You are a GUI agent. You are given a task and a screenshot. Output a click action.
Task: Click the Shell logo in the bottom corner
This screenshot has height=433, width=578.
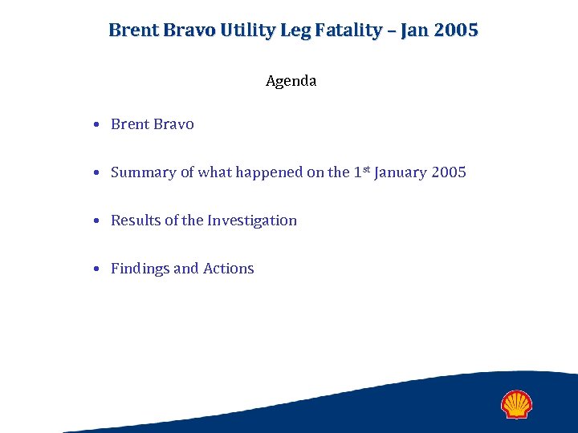click(516, 404)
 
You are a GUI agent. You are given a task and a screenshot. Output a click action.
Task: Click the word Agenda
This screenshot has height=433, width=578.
click(291, 81)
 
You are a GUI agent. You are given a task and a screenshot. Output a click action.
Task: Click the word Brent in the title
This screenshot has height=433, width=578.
click(132, 30)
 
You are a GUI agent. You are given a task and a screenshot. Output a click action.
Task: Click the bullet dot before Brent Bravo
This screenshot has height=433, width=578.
click(96, 125)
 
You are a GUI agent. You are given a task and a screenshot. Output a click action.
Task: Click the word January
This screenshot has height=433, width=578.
click(401, 172)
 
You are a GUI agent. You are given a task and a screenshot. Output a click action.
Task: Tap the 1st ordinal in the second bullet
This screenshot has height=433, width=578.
click(361, 172)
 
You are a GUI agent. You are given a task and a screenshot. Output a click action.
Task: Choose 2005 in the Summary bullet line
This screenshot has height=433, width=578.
click(449, 172)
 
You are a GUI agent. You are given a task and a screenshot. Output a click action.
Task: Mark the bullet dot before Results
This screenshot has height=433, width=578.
click(96, 221)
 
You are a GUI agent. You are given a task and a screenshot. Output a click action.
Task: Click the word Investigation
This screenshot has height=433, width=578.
click(252, 221)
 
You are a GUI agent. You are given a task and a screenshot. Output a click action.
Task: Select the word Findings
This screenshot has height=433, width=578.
click(140, 269)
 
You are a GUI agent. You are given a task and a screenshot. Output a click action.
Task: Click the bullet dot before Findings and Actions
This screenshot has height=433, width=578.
click(96, 269)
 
